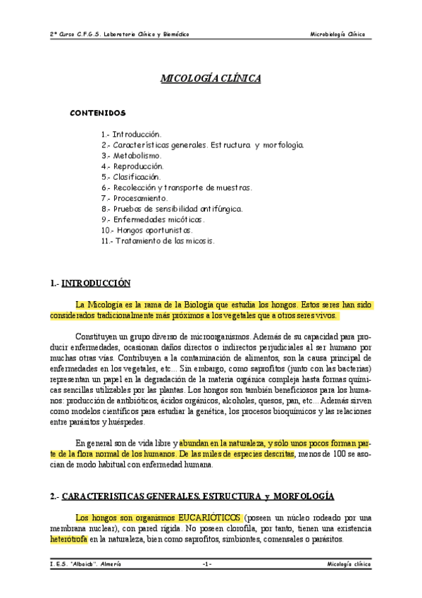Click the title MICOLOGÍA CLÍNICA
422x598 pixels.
coord(211,78)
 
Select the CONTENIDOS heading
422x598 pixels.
coord(97,113)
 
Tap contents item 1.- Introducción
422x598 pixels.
coord(132,133)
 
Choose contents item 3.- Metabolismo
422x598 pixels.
coord(132,155)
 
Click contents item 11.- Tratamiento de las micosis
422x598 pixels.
coord(157,240)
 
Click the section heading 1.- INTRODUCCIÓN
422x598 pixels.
coord(92,283)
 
